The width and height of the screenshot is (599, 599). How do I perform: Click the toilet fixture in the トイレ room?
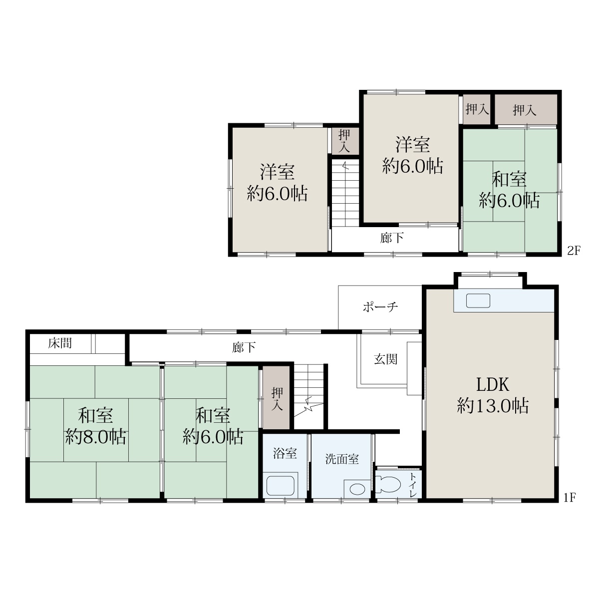coord(387,484)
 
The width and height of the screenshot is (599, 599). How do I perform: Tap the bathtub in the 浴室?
coord(281,486)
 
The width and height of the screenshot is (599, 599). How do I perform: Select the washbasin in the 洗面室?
coord(357,489)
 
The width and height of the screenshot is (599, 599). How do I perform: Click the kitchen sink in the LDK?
coord(478,300)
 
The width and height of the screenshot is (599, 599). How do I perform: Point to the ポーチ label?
coord(380,307)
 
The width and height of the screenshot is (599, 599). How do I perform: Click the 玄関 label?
coord(386,359)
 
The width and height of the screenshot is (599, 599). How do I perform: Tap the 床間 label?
coord(60,343)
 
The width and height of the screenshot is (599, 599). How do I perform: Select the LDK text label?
coord(493,385)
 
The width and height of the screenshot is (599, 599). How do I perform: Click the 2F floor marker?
coord(574,251)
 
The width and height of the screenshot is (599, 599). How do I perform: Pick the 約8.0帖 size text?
coord(96,437)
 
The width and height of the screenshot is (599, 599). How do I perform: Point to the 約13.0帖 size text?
coord(493,406)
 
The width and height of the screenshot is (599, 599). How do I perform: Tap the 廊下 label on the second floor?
coord(392,238)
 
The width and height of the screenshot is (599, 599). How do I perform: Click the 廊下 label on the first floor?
coord(244,347)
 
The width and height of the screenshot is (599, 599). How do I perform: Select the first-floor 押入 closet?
coord(277,397)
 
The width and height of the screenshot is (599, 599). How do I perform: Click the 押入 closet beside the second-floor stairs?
coord(344,141)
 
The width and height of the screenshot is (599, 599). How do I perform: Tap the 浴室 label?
coord(285,453)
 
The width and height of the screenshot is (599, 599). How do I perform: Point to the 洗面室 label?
coord(342,459)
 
